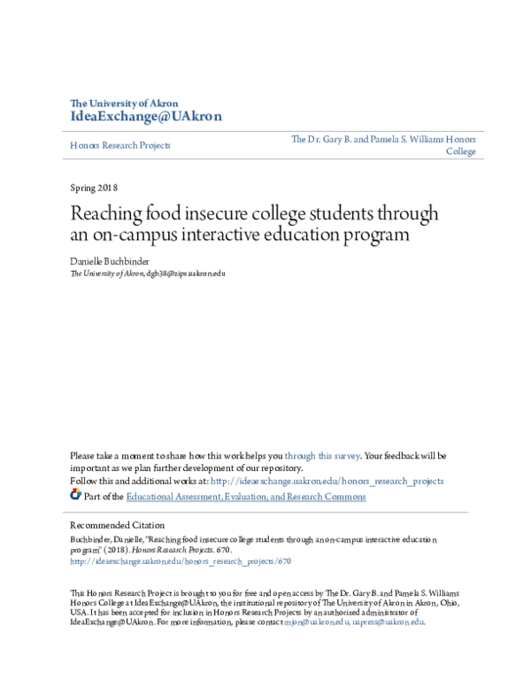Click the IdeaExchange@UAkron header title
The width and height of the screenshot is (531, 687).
pos(145,117)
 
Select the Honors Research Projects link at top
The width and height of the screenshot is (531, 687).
pos(119,145)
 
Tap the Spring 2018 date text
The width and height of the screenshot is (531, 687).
pos(93,188)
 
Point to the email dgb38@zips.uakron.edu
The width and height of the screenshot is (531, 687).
pos(186,274)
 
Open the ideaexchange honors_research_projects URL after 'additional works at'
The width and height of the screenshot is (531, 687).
pos(327,481)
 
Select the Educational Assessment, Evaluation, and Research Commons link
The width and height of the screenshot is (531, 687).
pos(245,497)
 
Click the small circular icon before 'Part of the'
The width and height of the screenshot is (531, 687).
pos(75,496)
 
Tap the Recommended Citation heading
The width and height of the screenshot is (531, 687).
pos(117,525)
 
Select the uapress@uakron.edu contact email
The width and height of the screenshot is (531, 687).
pos(389,621)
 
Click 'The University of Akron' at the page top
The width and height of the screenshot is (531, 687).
pos(124,103)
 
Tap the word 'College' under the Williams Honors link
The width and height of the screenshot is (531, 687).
pos(460,151)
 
